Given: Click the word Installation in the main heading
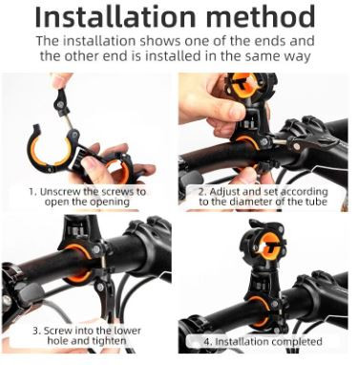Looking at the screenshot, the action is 116,16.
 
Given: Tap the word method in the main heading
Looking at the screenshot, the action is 261,16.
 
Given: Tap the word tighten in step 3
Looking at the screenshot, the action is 109,340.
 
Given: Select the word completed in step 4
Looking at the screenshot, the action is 297,342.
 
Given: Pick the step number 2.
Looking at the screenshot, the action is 202,192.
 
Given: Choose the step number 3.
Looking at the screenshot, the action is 36,331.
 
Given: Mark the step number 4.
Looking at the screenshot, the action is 207,342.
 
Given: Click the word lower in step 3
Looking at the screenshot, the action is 127,331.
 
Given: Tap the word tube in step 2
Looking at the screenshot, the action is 316,202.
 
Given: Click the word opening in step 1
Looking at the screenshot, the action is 110,202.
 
